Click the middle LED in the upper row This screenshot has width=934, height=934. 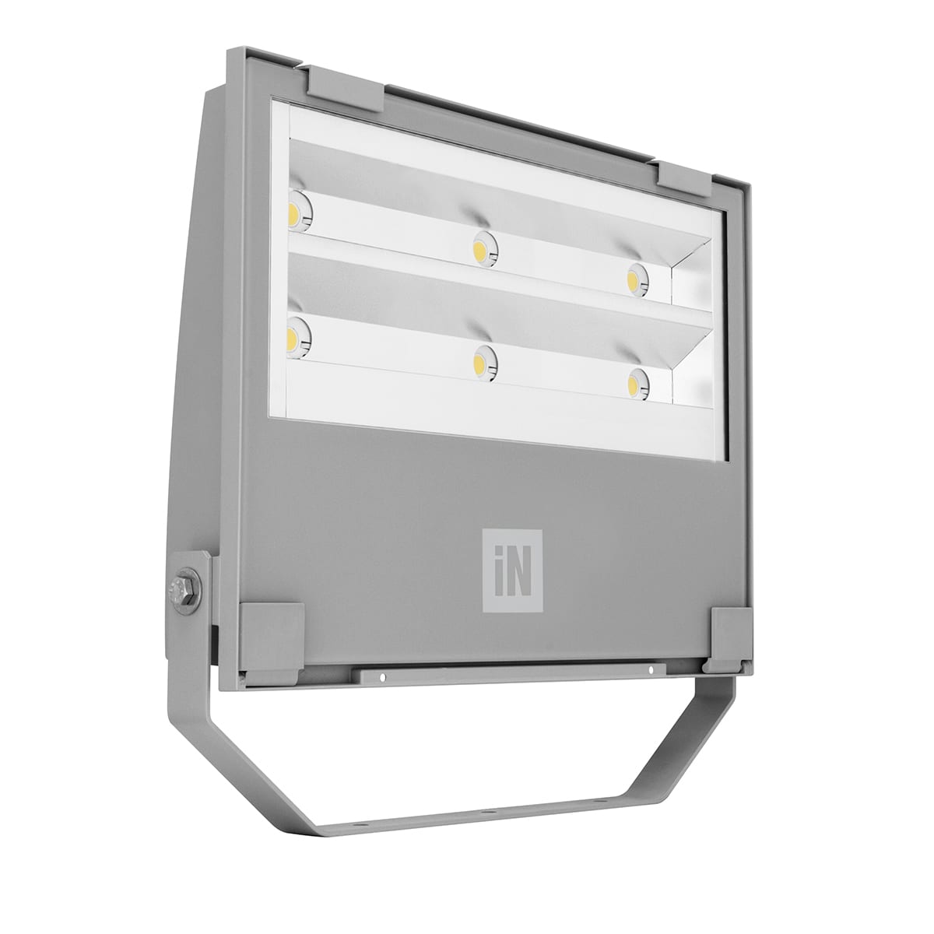tap(483, 248)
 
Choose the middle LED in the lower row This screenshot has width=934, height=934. tap(484, 360)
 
